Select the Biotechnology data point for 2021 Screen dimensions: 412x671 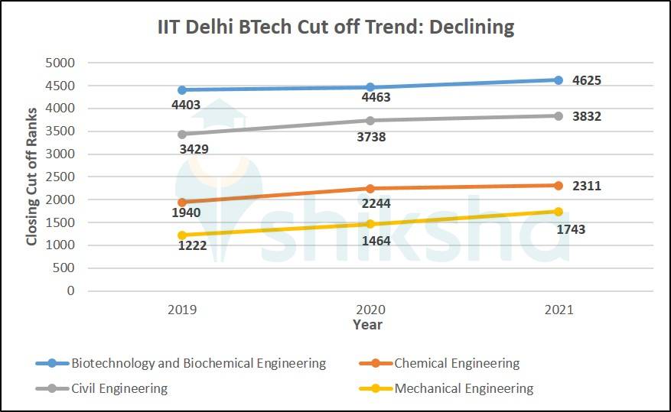click(559, 79)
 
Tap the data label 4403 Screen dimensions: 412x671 click(186, 104)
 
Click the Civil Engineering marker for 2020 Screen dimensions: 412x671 click(370, 120)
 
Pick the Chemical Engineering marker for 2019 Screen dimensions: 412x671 click(182, 203)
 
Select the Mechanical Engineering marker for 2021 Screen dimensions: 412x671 click(559, 212)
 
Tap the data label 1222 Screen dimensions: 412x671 click(193, 246)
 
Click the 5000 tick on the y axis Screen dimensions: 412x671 click(60, 63)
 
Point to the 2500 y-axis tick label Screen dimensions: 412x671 click(60, 177)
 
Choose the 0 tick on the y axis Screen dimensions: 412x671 click(70, 291)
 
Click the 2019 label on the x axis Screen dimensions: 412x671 click(182, 310)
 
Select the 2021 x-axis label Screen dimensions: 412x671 click(559, 310)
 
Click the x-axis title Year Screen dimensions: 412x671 click(367, 325)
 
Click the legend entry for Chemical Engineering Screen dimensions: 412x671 click(457, 364)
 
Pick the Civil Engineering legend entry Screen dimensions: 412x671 click(119, 388)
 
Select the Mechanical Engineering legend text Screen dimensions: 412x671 click(464, 388)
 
